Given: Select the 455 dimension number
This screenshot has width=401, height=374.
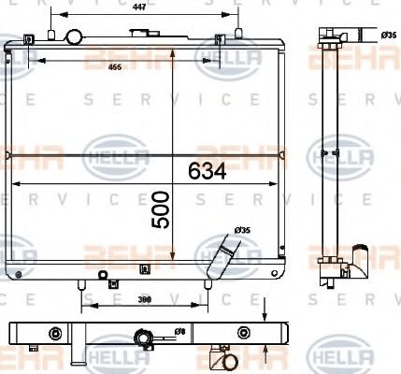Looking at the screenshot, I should click(x=114, y=66).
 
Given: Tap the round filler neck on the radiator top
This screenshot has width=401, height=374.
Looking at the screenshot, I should click(x=73, y=37).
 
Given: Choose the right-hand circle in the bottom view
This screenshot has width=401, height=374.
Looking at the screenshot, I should click(x=244, y=332).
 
